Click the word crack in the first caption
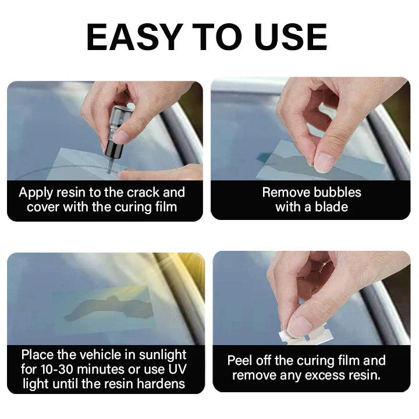[140, 193]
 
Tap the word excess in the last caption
[324, 375]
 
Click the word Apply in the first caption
[34, 193]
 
